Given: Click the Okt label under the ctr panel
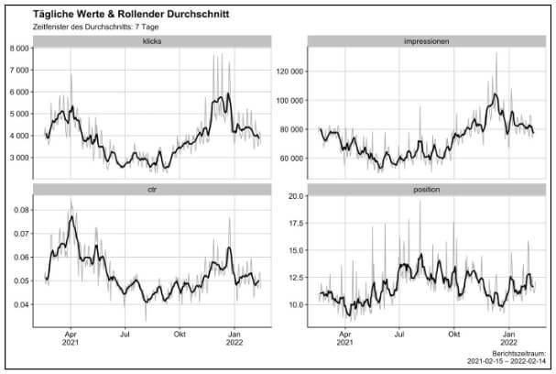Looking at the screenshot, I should pyautogui.click(x=180, y=335).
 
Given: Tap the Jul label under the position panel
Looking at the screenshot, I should pyautogui.click(x=399, y=335).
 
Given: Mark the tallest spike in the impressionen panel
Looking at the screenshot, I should pyautogui.click(x=496, y=53).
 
